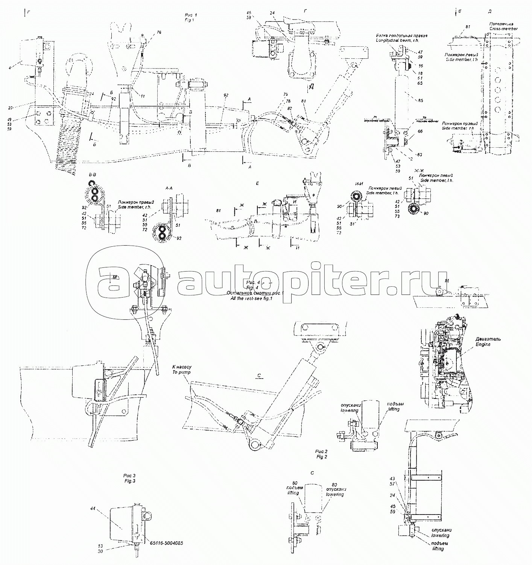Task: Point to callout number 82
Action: click(289, 108)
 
